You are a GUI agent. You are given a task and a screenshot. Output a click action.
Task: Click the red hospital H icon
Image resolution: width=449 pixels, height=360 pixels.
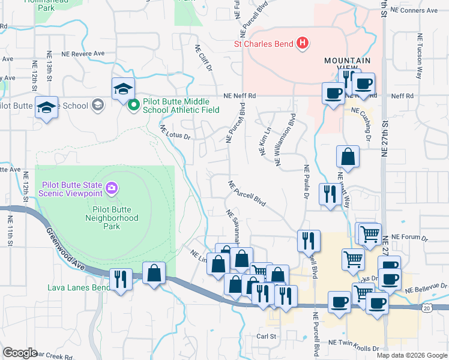pos(303,43)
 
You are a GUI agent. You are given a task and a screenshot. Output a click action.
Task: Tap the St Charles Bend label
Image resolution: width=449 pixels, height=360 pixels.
pos(263,44)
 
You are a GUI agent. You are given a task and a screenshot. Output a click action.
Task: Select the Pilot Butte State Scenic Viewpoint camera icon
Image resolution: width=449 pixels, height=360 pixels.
pos(112,190)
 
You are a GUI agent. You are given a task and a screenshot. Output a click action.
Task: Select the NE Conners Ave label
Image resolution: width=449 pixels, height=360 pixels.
pos(415,11)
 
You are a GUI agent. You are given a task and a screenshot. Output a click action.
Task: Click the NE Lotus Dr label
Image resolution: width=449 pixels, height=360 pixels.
pos(175,132)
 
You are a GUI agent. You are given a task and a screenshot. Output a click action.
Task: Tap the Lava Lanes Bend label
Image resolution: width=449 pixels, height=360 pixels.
pos(79,287)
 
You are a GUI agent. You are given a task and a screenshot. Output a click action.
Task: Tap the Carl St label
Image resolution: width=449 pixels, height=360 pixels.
pos(265,337)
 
